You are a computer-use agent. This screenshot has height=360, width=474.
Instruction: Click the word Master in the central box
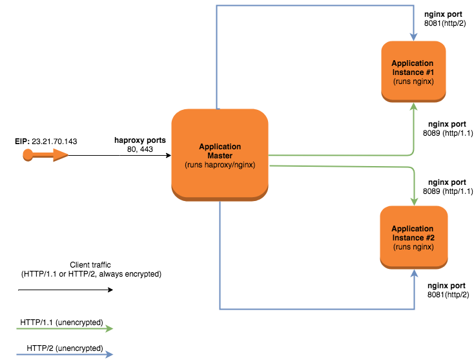click(220, 156)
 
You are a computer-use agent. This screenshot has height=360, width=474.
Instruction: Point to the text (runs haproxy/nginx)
click(220, 165)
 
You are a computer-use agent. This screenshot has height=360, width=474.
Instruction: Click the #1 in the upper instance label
click(428, 72)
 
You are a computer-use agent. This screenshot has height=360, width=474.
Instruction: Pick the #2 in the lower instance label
click(428, 238)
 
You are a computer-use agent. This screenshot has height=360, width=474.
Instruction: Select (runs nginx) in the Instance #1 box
click(413, 81)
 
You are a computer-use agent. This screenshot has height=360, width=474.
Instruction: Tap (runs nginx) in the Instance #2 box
click(413, 247)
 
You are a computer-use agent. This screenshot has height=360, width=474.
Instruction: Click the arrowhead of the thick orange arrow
click(61, 154)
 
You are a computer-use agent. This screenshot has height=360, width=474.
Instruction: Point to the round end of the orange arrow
click(28, 154)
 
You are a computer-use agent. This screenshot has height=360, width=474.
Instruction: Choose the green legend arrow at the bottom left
click(65, 328)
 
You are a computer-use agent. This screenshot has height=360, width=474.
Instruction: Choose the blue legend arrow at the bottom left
click(65, 354)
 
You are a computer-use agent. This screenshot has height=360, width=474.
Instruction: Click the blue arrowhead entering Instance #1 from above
click(413, 36)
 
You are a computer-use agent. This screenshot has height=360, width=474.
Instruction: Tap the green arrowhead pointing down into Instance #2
click(414, 201)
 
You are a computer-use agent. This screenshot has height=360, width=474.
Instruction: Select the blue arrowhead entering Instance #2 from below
click(414, 274)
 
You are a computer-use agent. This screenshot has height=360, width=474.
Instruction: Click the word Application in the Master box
click(220, 147)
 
